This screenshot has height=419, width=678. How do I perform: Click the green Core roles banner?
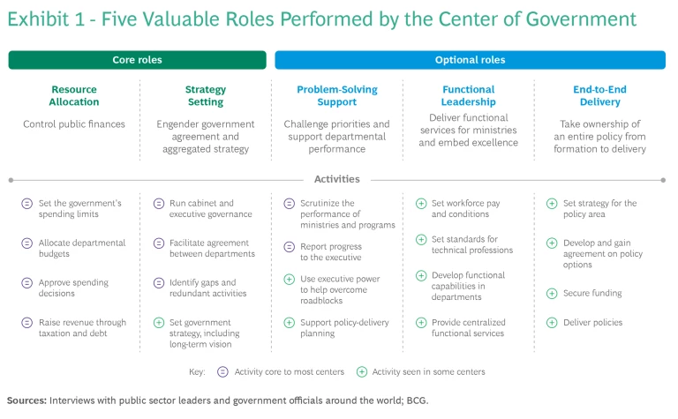click(x=137, y=60)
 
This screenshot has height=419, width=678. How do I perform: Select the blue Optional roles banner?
click(x=470, y=60)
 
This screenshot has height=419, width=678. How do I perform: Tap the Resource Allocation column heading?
click(x=74, y=95)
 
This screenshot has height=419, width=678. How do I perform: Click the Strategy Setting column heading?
click(x=206, y=95)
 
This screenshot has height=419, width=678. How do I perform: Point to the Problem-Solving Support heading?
click(x=335, y=95)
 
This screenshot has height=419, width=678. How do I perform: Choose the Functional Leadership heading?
click(x=468, y=95)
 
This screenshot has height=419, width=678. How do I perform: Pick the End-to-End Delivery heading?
click(x=599, y=95)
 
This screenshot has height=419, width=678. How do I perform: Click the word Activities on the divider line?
click(x=337, y=179)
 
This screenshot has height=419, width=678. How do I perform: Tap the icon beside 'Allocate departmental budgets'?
click(x=28, y=243)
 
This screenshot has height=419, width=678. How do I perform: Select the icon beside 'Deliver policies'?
click(x=552, y=323)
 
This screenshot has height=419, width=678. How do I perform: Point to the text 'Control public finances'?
click(x=74, y=124)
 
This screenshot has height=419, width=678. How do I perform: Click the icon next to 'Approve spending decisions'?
click(x=28, y=283)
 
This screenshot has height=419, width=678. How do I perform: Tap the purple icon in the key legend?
click(x=222, y=372)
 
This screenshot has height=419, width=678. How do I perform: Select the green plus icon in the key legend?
click(x=363, y=372)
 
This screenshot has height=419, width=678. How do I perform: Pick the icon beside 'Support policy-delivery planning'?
click(x=289, y=323)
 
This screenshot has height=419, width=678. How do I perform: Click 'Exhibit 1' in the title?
click(x=45, y=20)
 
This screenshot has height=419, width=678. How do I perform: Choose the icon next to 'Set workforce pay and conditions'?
click(x=420, y=204)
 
